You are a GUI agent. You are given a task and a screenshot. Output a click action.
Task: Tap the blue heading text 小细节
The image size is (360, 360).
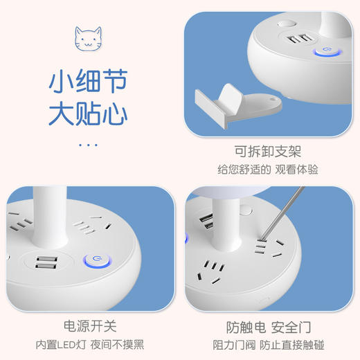(x=88, y=82)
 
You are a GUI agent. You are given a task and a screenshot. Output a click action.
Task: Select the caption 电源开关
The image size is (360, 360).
(x=90, y=327)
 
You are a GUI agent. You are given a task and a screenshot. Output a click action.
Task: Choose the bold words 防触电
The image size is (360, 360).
(x=242, y=327)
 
